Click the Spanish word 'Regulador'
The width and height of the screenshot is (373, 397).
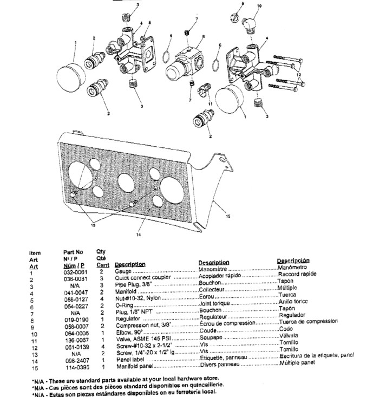292,315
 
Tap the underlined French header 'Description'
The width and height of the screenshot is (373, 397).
213,262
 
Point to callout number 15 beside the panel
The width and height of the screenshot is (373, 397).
227,216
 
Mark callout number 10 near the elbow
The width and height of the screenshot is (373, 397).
258,6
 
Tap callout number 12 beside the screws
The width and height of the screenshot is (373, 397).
298,74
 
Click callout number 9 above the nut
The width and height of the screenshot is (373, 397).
243,4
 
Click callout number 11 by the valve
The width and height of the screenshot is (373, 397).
210,103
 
